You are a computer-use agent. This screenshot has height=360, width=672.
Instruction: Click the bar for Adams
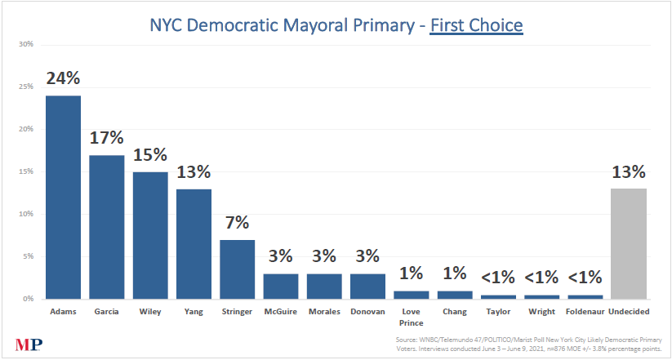point(63,198)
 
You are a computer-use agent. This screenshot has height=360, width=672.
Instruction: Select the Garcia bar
point(107,227)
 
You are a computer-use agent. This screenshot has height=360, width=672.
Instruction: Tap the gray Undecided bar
point(629,244)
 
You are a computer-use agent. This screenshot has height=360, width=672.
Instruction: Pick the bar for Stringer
point(237,269)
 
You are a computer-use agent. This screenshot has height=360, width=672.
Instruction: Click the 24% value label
point(64,78)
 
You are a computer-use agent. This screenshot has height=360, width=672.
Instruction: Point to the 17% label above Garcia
point(107,138)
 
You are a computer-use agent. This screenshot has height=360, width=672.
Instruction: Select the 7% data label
point(237,223)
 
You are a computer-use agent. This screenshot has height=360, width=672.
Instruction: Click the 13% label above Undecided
point(629,172)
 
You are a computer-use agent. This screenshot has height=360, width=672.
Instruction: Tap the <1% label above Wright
point(541,278)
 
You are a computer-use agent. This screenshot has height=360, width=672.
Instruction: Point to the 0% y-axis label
point(29,299)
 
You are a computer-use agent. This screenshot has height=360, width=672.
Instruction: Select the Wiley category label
point(150,312)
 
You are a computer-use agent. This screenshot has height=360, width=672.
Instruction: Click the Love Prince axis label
point(411,317)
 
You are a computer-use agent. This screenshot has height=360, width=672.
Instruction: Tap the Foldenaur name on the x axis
point(585,312)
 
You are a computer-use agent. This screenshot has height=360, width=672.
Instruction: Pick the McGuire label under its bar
point(280,312)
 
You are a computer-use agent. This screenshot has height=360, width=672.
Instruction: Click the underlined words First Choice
point(476,26)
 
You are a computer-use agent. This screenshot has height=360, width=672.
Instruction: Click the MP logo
point(29,344)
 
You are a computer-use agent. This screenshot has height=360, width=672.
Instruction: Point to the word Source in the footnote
point(405,340)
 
